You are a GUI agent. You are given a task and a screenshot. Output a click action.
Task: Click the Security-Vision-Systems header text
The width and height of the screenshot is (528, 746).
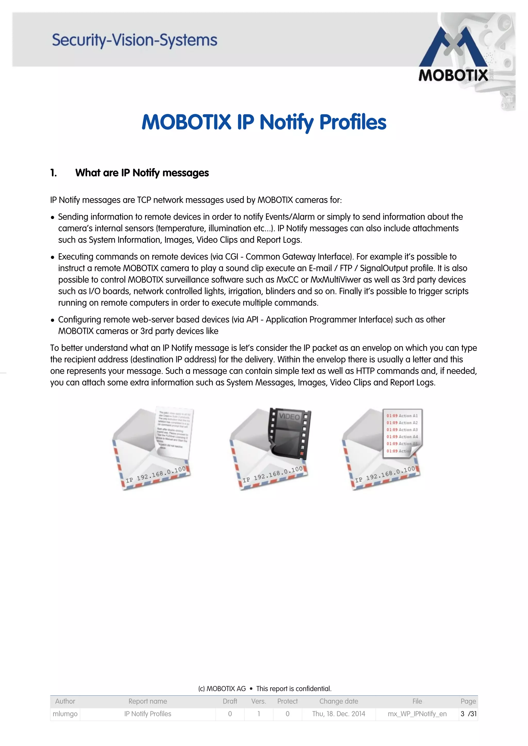click(134, 40)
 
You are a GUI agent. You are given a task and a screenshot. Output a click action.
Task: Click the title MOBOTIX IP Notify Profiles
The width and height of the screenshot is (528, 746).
click(264, 122)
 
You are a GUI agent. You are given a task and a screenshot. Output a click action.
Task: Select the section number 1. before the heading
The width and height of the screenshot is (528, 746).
click(54, 173)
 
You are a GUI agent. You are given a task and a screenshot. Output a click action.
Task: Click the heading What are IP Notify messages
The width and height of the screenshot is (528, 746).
click(142, 173)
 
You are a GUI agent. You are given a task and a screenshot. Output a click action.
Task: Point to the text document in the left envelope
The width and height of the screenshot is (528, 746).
click(174, 431)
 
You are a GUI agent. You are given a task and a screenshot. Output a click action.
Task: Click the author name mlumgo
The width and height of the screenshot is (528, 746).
click(65, 714)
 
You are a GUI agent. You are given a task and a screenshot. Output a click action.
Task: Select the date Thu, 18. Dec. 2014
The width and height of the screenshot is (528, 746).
click(338, 714)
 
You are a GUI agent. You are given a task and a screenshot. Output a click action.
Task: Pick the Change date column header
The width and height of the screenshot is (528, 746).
click(338, 701)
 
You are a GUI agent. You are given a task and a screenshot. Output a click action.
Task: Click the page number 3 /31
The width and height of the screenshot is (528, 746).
click(468, 714)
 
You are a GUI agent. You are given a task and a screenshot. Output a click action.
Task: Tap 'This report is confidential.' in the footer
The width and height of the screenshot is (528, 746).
click(293, 689)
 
